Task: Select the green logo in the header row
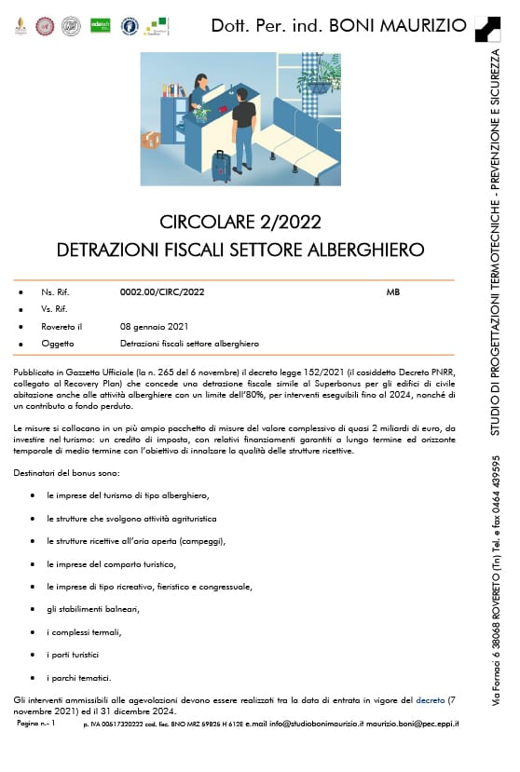coord(101,26)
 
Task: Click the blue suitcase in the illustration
coord(221,167)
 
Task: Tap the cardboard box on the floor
coord(150,140)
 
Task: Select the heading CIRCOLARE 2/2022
coord(240,223)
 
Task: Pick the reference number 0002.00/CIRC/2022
coord(162,292)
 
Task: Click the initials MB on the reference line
coord(392,292)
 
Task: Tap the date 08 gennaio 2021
coord(154,327)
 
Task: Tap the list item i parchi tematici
coord(79,677)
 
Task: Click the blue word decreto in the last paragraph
coord(431,698)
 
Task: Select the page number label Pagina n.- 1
coord(36,724)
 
